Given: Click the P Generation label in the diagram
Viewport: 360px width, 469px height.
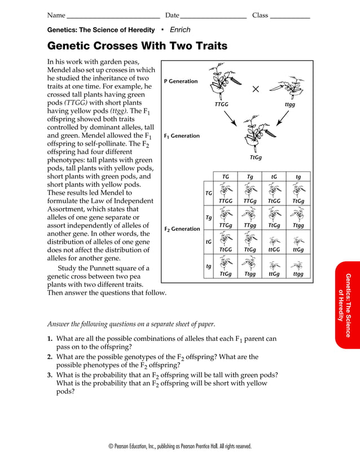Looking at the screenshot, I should point(181,81).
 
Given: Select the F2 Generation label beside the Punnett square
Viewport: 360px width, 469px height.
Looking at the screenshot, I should point(182,229).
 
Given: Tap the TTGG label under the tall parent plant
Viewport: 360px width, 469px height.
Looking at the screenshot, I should point(222,105).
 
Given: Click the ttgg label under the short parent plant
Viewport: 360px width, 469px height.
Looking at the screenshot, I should point(289,105).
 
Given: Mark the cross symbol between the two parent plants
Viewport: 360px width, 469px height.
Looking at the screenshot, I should point(255,89).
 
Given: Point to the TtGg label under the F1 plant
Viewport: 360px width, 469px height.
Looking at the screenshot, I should point(255,158).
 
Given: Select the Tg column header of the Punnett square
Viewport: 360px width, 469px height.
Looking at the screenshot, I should point(249,177).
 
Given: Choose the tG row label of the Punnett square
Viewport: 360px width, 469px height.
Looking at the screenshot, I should point(208,242).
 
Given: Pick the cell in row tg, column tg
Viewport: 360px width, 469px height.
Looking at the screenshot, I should point(298,266).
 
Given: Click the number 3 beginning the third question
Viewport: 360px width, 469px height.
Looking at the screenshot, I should point(50,375).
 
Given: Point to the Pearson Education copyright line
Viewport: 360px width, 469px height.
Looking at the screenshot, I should point(179,446).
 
